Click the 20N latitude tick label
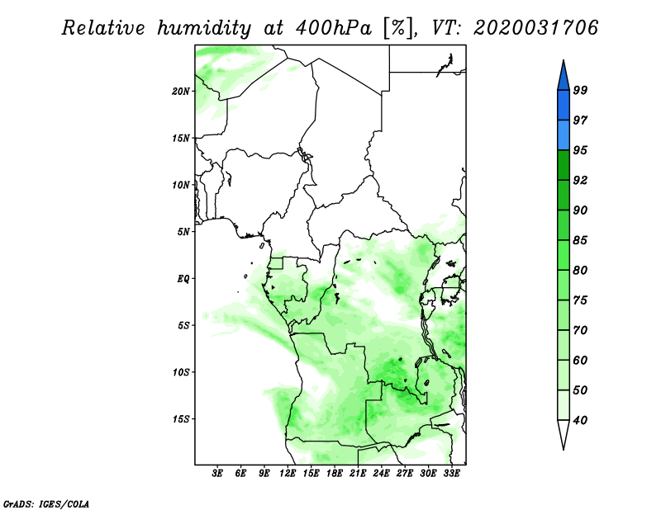tap(181, 92)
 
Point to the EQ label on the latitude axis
tap(183, 279)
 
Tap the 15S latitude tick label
tap(181, 419)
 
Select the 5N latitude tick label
tap(183, 232)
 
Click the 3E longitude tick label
tap(217, 474)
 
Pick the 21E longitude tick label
tap(358, 474)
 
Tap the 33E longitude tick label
tap(451, 474)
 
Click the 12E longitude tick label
tap(287, 474)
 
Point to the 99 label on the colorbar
tap(580, 90)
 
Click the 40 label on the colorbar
tap(580, 420)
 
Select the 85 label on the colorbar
tap(580, 240)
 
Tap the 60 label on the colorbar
tap(580, 360)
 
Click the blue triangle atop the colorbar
tap(564, 78)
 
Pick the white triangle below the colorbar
tap(564, 432)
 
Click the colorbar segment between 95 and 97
tap(564, 135)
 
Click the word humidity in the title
tap(204, 29)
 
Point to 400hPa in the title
tap(334, 29)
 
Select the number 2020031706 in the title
tap(535, 28)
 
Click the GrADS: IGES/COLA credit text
tap(46, 503)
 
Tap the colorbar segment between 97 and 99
tap(564, 106)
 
